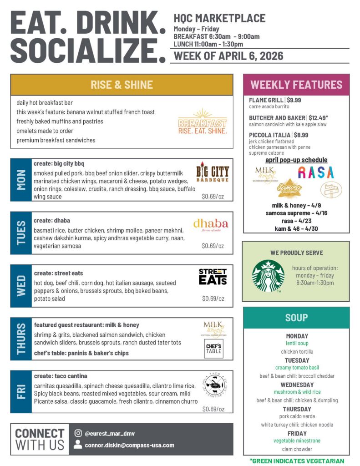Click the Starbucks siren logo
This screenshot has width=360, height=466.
[x=268, y=276]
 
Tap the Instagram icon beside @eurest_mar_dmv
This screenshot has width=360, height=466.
[x=78, y=433]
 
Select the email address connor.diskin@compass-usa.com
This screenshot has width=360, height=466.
[x=130, y=445]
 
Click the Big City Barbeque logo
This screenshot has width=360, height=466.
[x=213, y=173]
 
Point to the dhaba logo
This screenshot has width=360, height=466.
[x=210, y=225]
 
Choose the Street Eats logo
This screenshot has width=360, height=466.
[x=213, y=277]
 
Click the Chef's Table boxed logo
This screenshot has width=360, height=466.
[x=213, y=348]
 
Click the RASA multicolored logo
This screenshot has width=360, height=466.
[x=316, y=172]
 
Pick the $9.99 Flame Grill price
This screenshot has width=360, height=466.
[x=294, y=100]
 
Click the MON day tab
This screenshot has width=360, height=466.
[x=21, y=180]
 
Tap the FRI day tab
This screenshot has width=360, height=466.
[x=21, y=392]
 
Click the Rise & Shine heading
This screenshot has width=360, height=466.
[x=122, y=85]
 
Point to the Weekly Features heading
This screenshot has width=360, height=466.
[x=296, y=85]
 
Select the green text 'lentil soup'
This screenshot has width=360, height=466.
[x=297, y=343]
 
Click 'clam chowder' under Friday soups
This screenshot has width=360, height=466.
[x=297, y=449]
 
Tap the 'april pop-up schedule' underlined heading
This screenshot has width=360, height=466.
[x=296, y=160]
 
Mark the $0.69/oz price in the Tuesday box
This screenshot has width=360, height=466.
[x=213, y=246]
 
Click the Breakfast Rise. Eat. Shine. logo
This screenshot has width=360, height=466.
[x=203, y=122]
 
